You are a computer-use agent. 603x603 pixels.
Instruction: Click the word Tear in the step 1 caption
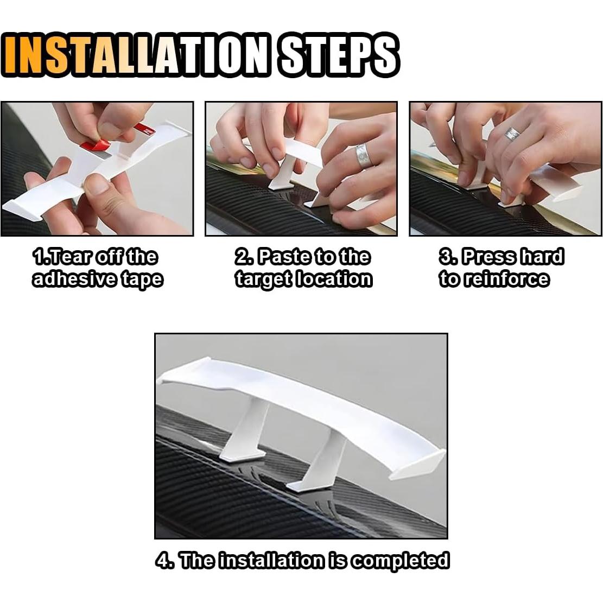(68, 256)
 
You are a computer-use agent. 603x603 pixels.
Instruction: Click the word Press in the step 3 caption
(488, 256)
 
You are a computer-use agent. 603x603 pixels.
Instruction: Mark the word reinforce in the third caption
(505, 279)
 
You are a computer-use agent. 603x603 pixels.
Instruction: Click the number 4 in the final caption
(161, 560)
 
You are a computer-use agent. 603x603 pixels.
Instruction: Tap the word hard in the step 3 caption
(541, 256)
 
